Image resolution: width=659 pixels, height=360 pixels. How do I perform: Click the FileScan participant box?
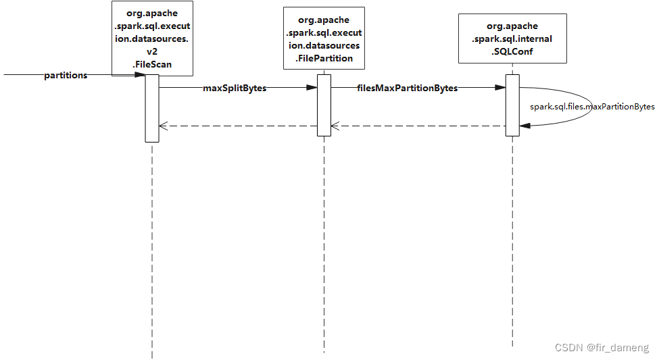pyautogui.click(x=151, y=38)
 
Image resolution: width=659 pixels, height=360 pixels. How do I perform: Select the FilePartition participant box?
pyautogui.click(x=324, y=38)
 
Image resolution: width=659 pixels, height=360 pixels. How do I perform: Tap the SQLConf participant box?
pyautogui.click(x=512, y=39)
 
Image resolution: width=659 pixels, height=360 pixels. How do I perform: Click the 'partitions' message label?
pyautogui.click(x=66, y=76)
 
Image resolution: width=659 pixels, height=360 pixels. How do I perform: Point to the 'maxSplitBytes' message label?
pyautogui.click(x=235, y=88)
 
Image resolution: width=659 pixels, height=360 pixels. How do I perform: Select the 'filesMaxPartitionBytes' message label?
pyautogui.click(x=407, y=88)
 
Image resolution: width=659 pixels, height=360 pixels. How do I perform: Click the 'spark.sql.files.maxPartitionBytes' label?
pyautogui.click(x=592, y=107)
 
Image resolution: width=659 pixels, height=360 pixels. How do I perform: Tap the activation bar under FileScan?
pyautogui.click(x=151, y=108)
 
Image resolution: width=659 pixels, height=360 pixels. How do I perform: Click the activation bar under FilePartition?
pyautogui.click(x=324, y=105)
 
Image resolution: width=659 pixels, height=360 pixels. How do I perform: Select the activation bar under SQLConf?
pyautogui.click(x=512, y=105)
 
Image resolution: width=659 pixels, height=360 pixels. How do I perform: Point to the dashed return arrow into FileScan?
pyautogui.click(x=237, y=126)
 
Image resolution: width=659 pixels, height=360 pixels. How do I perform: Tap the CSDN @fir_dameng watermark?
pyautogui.click(x=602, y=347)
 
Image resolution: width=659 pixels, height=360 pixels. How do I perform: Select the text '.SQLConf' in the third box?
pyautogui.click(x=512, y=51)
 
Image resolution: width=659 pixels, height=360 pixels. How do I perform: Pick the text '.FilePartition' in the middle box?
pyautogui.click(x=324, y=58)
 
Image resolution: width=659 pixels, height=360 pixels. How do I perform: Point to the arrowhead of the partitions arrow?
pyautogui.click(x=141, y=74)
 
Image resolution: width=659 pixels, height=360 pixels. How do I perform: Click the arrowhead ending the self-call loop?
pyautogui.click(x=524, y=125)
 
